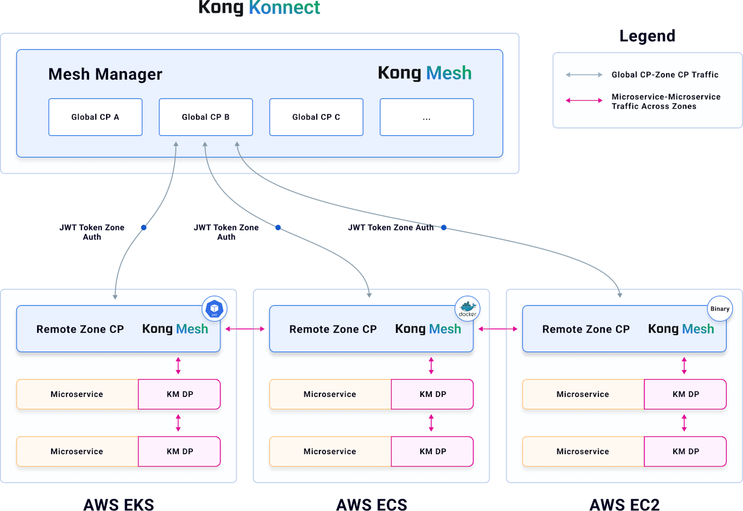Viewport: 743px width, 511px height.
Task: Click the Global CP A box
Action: [x=95, y=117]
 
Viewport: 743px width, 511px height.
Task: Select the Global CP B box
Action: [x=205, y=117]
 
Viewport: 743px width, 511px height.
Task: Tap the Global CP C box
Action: [x=316, y=117]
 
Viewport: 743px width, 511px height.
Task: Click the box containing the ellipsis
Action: [x=426, y=117]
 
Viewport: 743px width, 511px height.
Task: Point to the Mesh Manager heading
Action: [x=105, y=74]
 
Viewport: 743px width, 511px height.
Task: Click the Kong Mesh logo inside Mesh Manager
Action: [x=425, y=73]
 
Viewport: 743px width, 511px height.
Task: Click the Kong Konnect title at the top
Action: [x=259, y=8]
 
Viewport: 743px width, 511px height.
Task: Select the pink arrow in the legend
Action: [x=584, y=101]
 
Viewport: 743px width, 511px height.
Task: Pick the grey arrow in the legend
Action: [x=584, y=75]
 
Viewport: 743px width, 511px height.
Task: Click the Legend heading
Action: [x=647, y=36]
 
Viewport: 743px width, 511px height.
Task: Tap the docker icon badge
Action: [x=467, y=309]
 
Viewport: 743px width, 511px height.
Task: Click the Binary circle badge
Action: [x=720, y=309]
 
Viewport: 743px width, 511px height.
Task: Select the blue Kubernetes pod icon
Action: [x=214, y=309]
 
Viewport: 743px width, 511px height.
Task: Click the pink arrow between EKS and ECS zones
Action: [x=245, y=329]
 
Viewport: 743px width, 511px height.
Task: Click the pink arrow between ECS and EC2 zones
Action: [x=498, y=329]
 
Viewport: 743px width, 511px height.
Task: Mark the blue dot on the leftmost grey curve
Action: [x=144, y=227]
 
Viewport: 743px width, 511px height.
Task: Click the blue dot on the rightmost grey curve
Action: [x=443, y=227]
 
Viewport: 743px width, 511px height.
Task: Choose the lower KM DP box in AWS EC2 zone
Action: [x=685, y=451]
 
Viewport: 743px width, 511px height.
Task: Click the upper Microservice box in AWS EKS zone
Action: [x=77, y=394]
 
